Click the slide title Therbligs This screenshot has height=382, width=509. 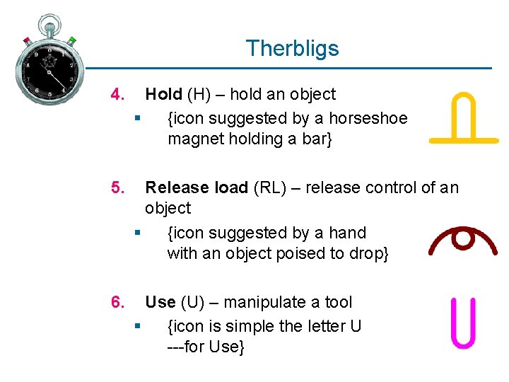[292, 48]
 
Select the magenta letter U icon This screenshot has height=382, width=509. [463, 323]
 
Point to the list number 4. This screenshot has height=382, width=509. [118, 94]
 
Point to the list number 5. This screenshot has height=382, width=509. [118, 187]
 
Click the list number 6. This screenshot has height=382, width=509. [118, 302]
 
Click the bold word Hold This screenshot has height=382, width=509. [163, 94]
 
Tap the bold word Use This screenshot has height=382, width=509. [160, 302]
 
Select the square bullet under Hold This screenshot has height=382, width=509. [136, 118]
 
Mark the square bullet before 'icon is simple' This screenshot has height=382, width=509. [136, 326]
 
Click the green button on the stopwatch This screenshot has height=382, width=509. [72, 41]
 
